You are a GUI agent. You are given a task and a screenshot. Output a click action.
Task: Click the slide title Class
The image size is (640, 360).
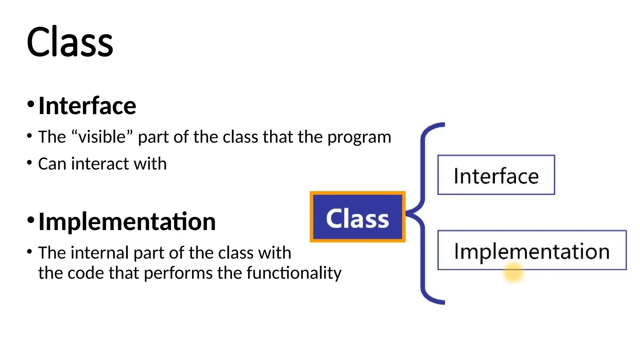coord(70,42)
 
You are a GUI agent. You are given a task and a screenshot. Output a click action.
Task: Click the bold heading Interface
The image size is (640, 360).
coord(87,106)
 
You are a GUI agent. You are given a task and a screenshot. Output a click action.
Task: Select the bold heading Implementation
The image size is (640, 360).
coord(127,222)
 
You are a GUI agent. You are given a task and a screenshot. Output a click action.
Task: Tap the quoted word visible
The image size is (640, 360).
coord(102,137)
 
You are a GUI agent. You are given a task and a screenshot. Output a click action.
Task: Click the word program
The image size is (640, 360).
coord(359,137)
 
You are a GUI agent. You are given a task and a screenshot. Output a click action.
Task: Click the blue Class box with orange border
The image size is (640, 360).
coord(357,217)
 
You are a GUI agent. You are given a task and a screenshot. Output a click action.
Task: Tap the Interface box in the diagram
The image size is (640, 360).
coord(496,175)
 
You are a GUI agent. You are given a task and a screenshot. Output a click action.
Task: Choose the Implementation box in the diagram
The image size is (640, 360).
coord(532,250)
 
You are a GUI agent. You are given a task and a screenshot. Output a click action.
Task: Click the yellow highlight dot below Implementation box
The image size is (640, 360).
coord(513,273)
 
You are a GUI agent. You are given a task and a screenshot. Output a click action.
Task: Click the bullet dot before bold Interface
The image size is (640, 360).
coord(31,104)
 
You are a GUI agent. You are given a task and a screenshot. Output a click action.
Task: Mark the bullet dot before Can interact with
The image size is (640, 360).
coord(30,162)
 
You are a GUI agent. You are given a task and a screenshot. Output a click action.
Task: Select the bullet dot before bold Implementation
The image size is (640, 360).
coord(31,220)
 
